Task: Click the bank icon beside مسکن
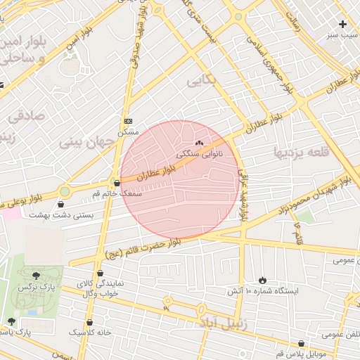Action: point(128,122)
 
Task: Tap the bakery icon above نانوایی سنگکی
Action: point(199,142)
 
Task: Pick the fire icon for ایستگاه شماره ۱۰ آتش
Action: point(263,280)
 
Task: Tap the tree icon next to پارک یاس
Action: point(11,321)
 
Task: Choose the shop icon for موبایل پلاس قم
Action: point(302,344)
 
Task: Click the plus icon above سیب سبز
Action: point(342,24)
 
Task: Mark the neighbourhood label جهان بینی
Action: point(86,142)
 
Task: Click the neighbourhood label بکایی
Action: point(202,82)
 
